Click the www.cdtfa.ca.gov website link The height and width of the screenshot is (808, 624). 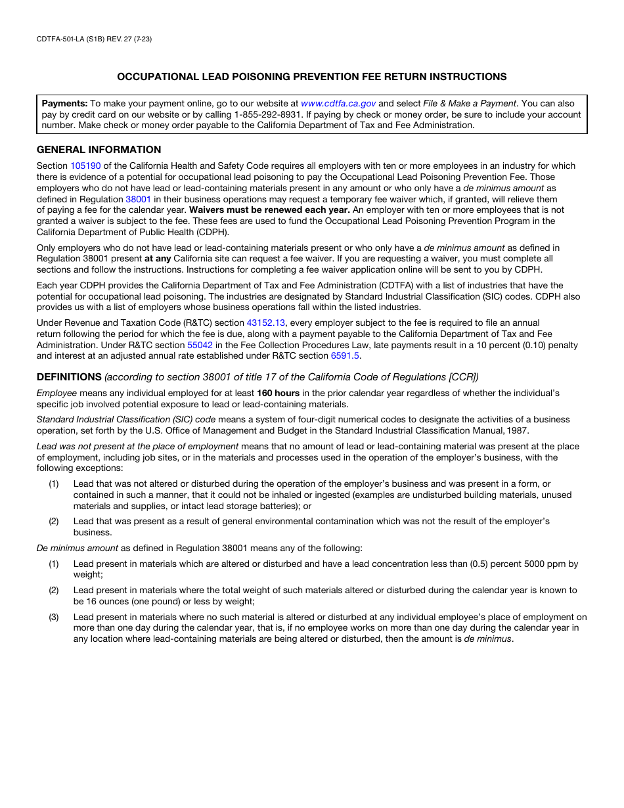[x=338, y=103]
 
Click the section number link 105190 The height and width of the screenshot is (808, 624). [x=85, y=166]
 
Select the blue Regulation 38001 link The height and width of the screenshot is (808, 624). [x=139, y=199]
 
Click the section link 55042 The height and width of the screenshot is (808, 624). [x=200, y=345]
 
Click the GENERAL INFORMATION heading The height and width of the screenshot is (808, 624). [x=99, y=150]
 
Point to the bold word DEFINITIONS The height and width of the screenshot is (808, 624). [x=69, y=377]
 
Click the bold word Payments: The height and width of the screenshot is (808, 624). [x=64, y=103]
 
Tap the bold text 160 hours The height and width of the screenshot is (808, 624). [x=278, y=393]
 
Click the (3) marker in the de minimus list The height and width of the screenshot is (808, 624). [x=54, y=617]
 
